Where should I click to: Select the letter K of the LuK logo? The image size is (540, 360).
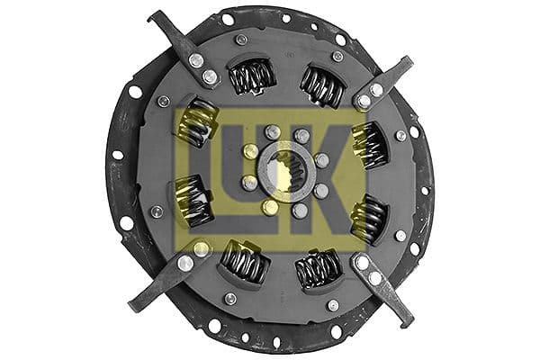click(x=338, y=167)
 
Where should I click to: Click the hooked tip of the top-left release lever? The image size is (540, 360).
click(x=155, y=16)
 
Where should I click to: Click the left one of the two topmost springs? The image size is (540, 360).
click(x=252, y=76)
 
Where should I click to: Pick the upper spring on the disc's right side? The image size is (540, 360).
click(x=368, y=144)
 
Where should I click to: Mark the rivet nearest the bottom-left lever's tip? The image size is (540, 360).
click(x=184, y=263)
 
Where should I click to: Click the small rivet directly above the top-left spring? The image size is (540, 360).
click(x=240, y=40)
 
